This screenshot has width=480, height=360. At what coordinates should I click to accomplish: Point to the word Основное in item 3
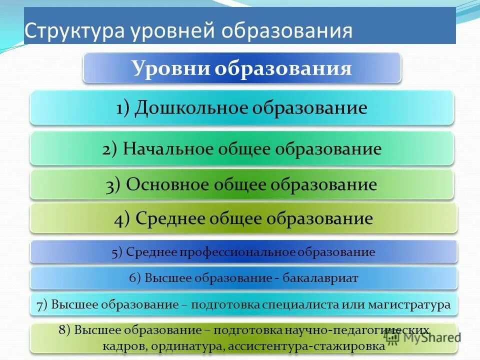[167, 184]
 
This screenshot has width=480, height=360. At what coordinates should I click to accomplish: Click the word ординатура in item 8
[189, 345]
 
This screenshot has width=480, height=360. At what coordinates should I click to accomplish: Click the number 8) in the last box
[65, 330]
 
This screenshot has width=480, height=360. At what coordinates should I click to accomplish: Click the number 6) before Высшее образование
[135, 278]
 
